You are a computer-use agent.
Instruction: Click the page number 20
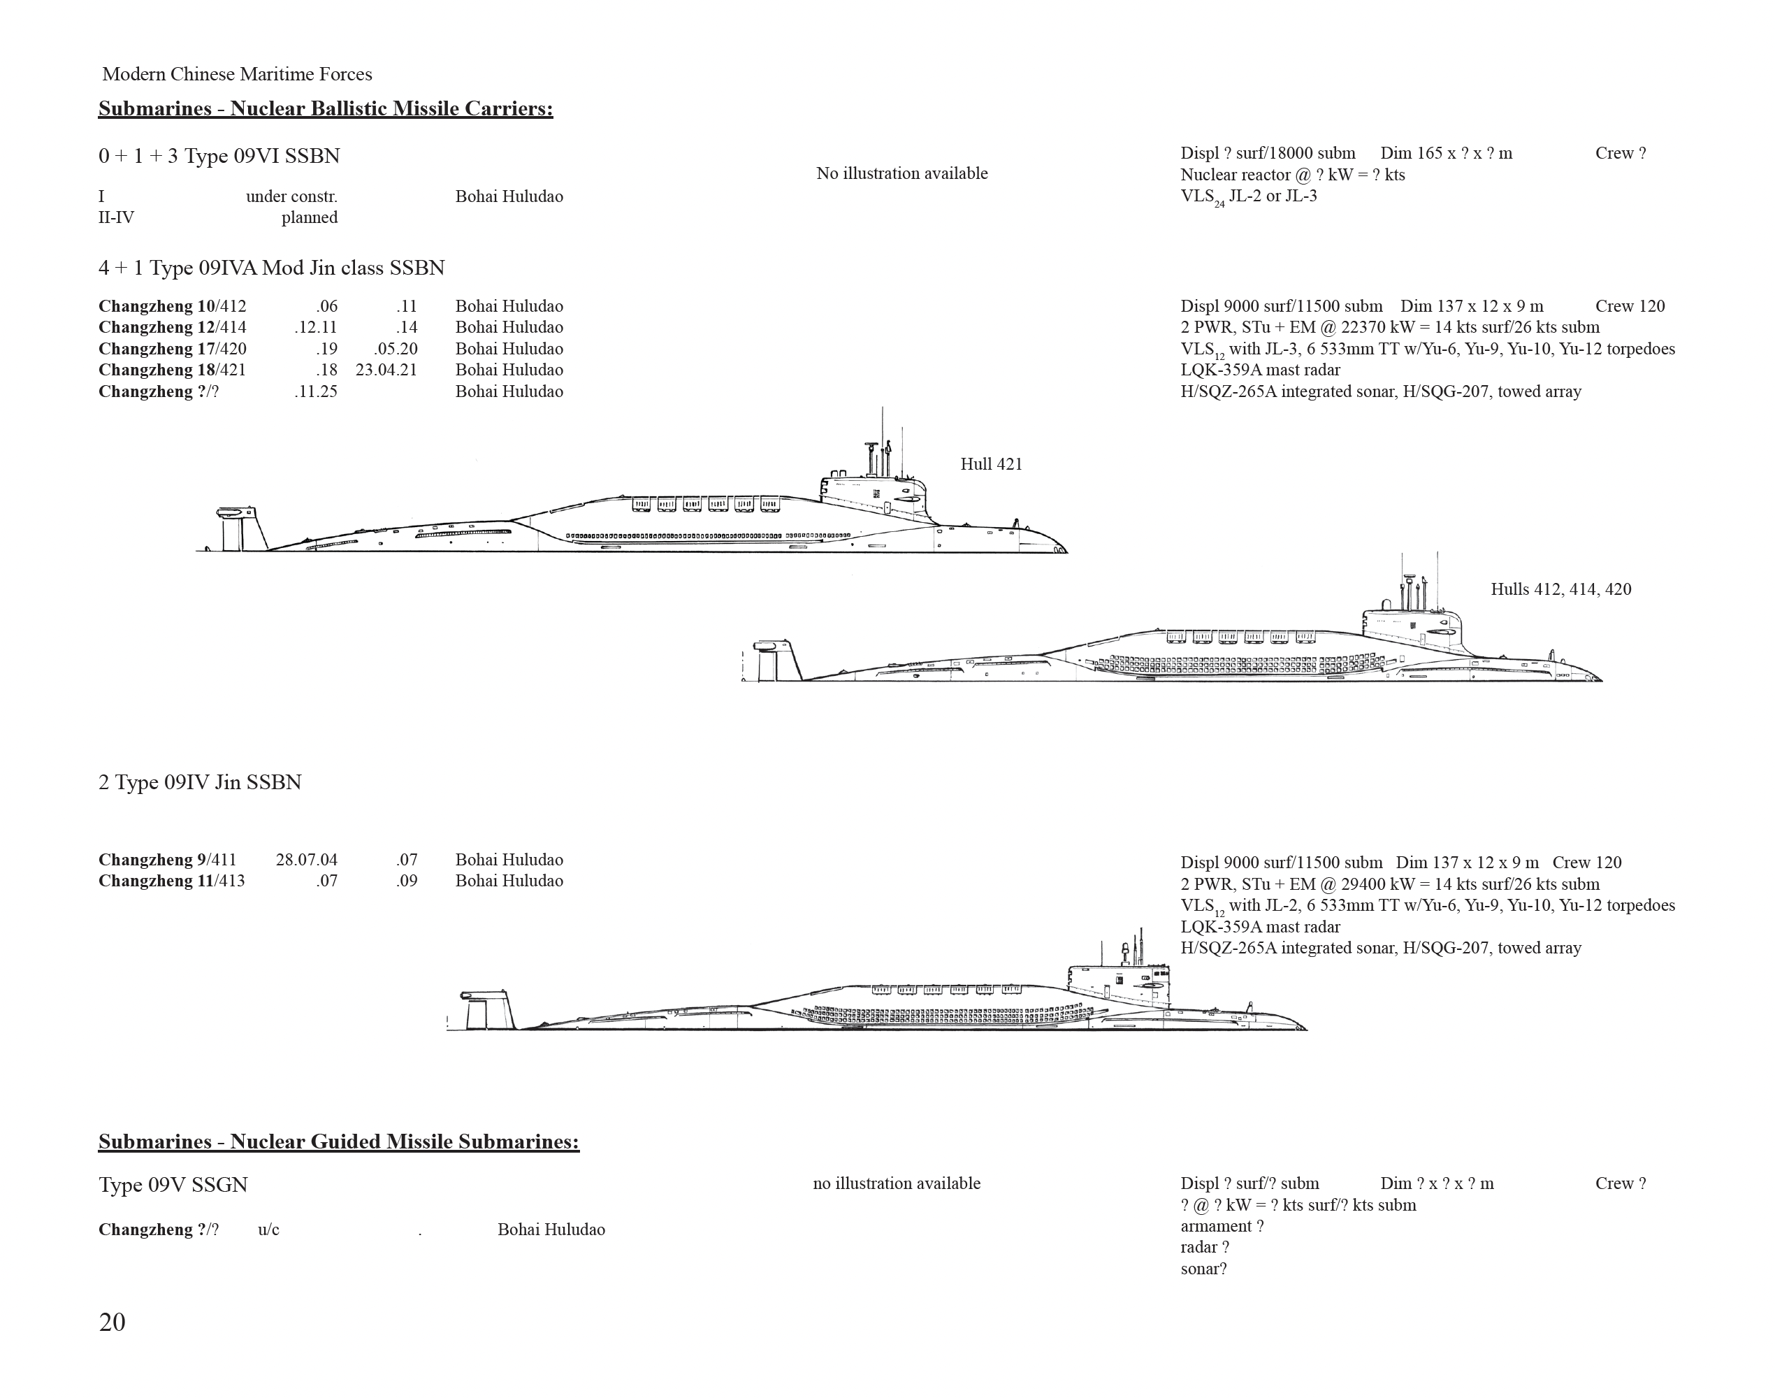(x=112, y=1323)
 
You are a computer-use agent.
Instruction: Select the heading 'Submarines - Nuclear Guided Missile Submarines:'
(x=339, y=1141)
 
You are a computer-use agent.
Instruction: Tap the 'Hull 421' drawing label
(x=991, y=464)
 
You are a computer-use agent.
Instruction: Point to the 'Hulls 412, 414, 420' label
(x=1560, y=589)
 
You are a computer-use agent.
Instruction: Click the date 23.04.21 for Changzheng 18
(x=386, y=370)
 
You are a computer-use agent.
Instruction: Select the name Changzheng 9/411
(x=167, y=860)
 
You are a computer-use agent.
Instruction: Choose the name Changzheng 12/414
(x=172, y=327)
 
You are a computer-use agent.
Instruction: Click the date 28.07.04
(x=307, y=860)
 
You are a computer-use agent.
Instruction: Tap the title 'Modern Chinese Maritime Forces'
(x=238, y=75)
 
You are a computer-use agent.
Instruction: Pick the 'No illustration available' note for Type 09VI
(x=901, y=173)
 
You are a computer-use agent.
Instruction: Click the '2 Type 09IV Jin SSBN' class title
(x=201, y=782)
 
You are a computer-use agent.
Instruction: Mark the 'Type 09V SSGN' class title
(x=173, y=1186)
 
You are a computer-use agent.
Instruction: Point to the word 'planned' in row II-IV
(x=310, y=217)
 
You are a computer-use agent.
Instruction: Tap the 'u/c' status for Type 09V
(x=268, y=1230)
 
